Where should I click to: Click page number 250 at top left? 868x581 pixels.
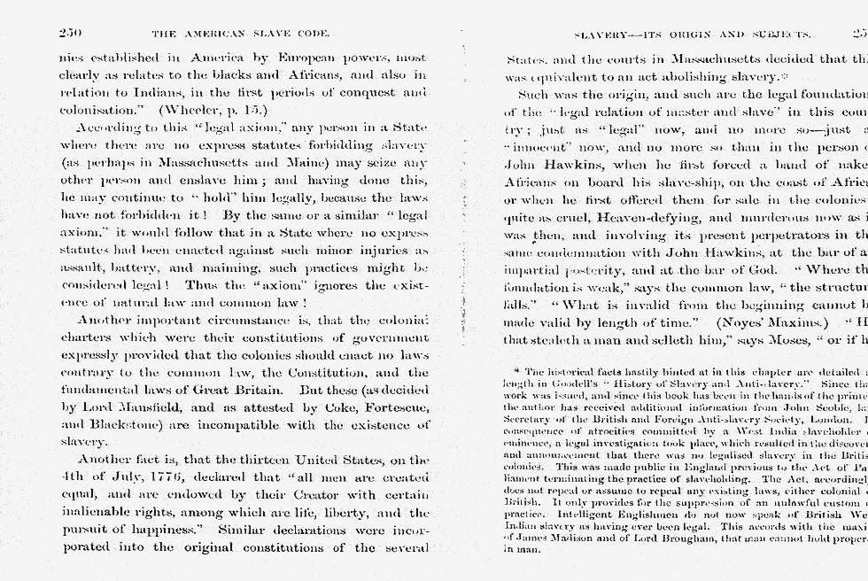coord(70,33)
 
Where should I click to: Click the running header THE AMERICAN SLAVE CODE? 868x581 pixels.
coord(241,34)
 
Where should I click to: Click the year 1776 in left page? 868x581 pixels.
coord(132,476)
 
